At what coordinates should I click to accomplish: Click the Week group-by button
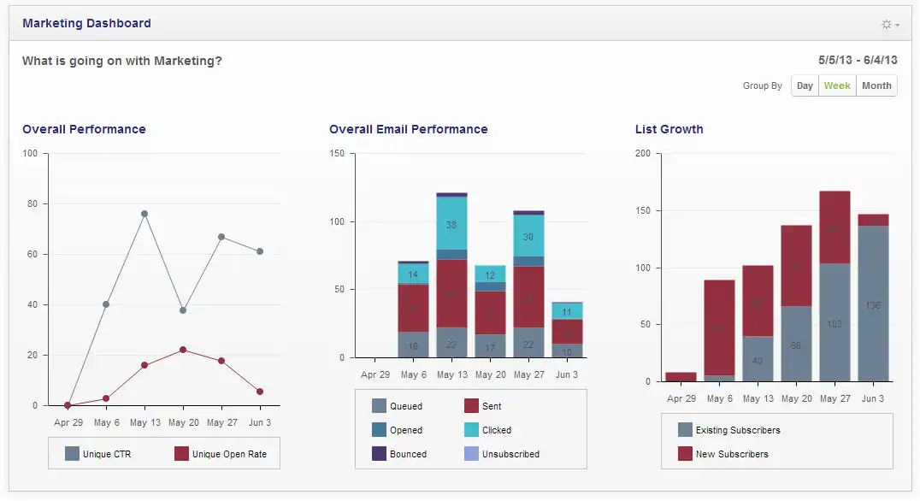(837, 85)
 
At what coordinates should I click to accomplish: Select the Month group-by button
(876, 85)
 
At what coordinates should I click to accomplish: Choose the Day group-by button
(805, 85)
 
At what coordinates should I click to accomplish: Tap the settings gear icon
(888, 25)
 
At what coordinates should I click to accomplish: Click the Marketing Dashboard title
(86, 23)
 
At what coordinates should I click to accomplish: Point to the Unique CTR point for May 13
(144, 214)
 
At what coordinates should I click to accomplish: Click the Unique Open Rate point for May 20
(183, 350)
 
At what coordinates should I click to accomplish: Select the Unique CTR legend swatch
(72, 454)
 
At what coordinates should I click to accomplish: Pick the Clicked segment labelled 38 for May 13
(451, 224)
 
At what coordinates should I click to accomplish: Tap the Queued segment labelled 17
(490, 346)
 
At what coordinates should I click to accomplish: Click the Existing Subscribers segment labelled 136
(873, 305)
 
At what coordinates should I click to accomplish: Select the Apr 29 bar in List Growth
(681, 376)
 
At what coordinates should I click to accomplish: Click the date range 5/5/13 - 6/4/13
(857, 60)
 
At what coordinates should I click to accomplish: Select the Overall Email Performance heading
(408, 129)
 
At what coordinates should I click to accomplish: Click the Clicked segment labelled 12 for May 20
(490, 275)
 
